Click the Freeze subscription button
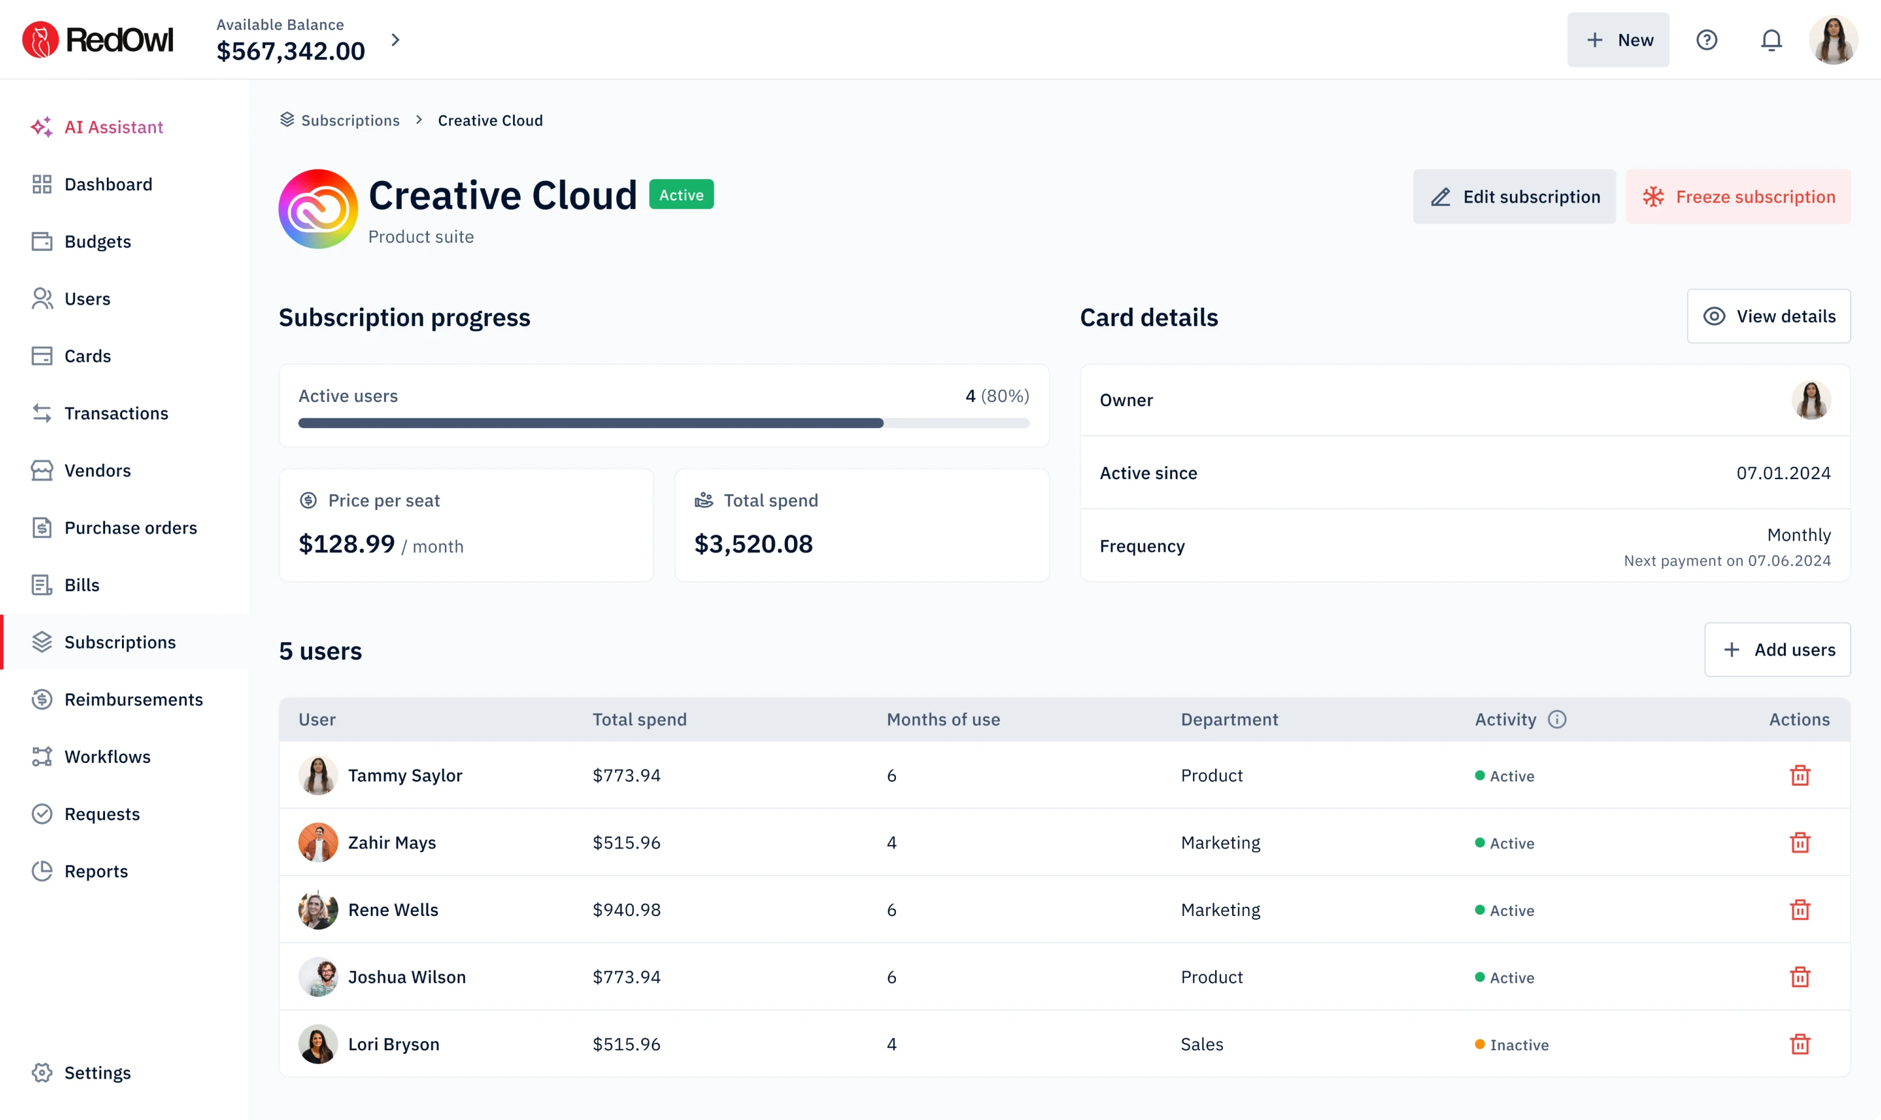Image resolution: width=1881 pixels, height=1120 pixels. click(x=1738, y=197)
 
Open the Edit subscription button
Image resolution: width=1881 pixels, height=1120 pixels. click(x=1514, y=197)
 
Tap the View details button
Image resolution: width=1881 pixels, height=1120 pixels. click(x=1768, y=316)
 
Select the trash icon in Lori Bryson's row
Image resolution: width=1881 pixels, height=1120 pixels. click(x=1800, y=1045)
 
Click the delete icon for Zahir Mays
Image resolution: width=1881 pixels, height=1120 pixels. click(x=1800, y=843)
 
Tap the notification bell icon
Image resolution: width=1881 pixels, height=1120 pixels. click(x=1771, y=40)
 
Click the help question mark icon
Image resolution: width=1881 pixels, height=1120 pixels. click(x=1706, y=40)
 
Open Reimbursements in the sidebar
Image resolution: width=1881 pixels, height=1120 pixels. click(x=133, y=700)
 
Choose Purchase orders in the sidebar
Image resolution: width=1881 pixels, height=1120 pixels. click(x=130, y=528)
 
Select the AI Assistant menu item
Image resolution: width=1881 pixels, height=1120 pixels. click(x=113, y=127)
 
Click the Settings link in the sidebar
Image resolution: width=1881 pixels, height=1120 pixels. click(x=97, y=1073)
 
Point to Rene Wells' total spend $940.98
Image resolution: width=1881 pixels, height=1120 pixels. click(x=626, y=910)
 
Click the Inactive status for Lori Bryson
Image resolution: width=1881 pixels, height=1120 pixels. click(x=1518, y=1045)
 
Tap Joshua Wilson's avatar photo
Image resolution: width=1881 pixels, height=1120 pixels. click(x=317, y=977)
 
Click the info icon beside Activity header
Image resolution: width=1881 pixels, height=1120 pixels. click(x=1556, y=719)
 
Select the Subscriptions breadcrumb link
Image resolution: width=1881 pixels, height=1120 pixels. click(x=350, y=121)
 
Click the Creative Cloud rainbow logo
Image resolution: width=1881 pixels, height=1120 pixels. click(x=317, y=208)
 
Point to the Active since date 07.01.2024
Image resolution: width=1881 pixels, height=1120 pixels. click(x=1783, y=473)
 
